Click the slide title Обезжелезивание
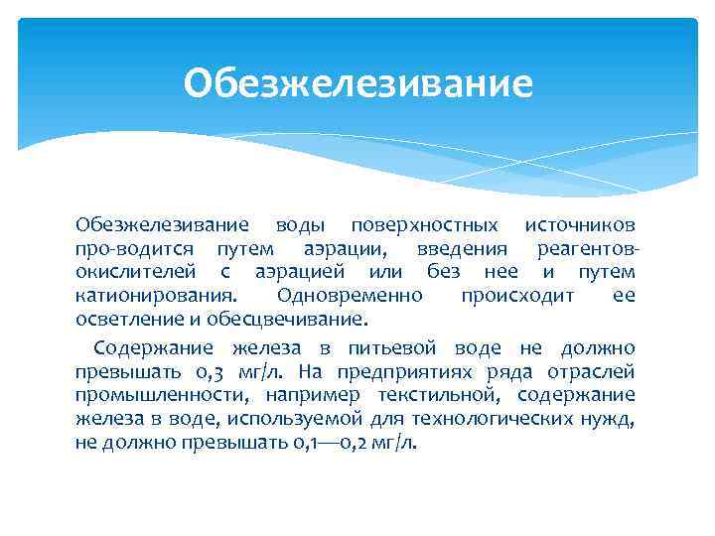(357, 83)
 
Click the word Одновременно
(350, 296)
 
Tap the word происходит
(516, 296)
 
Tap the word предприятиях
(421, 372)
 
